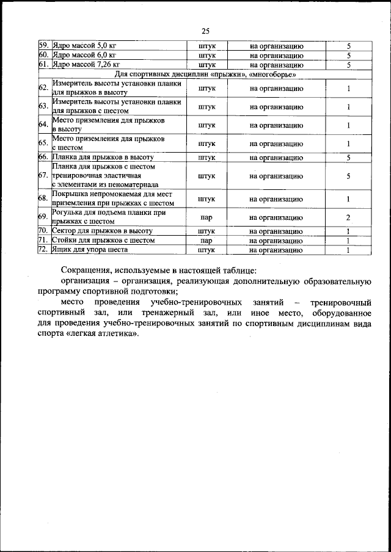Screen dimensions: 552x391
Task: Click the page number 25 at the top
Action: point(205,32)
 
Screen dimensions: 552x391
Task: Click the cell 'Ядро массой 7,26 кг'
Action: point(86,64)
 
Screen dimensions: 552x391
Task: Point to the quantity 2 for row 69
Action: point(348,218)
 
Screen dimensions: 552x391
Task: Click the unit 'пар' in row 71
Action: point(206,241)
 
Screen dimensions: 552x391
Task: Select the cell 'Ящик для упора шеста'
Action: point(90,250)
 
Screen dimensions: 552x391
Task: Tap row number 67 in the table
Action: point(43,175)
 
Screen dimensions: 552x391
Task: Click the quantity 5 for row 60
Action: point(348,56)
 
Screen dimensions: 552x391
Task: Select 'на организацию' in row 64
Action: point(276,125)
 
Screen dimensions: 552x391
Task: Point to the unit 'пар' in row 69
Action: point(206,218)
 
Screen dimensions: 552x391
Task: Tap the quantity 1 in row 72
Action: point(348,250)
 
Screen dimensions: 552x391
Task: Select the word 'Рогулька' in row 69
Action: point(70,213)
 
